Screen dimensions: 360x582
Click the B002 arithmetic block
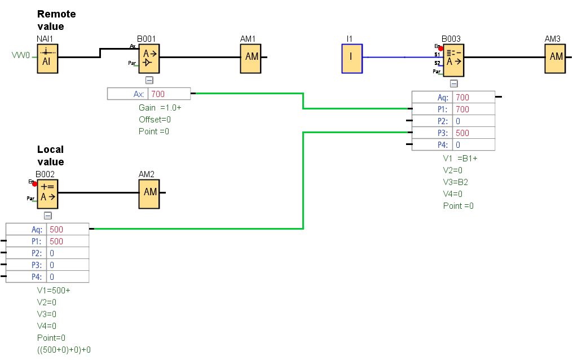click(47, 192)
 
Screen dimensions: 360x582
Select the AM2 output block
click(149, 192)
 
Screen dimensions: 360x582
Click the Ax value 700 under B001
click(158, 94)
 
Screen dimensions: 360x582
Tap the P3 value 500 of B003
click(462, 133)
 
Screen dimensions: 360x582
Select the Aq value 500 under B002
click(56, 230)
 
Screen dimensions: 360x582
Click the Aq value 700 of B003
click(462, 98)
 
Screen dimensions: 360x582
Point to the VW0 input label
click(21, 56)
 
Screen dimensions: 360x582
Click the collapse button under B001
click(149, 81)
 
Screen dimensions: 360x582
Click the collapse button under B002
click(48, 215)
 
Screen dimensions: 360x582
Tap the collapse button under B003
click(453, 84)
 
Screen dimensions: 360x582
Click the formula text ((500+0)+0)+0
click(64, 350)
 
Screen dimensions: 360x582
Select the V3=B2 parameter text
click(456, 182)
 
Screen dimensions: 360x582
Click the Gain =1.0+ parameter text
click(160, 107)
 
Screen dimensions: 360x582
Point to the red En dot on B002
click(34, 183)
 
